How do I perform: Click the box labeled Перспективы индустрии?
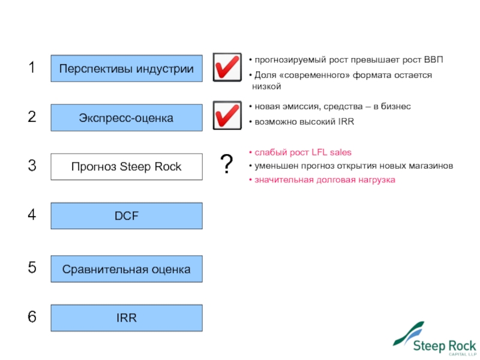[x=126, y=68]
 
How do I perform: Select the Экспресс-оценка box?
[x=126, y=118]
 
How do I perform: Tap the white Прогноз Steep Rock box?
[x=126, y=167]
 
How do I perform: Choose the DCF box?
[x=126, y=216]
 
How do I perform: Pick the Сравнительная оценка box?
[x=126, y=269]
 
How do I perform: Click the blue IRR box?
[x=126, y=318]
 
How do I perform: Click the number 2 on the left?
[x=32, y=118]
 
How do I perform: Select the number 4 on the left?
[x=32, y=215]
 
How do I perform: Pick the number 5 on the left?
[x=32, y=268]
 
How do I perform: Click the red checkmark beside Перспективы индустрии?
[x=227, y=67]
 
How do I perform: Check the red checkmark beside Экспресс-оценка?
[x=227, y=116]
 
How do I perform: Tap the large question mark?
[x=227, y=164]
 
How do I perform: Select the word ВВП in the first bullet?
[x=432, y=60]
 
